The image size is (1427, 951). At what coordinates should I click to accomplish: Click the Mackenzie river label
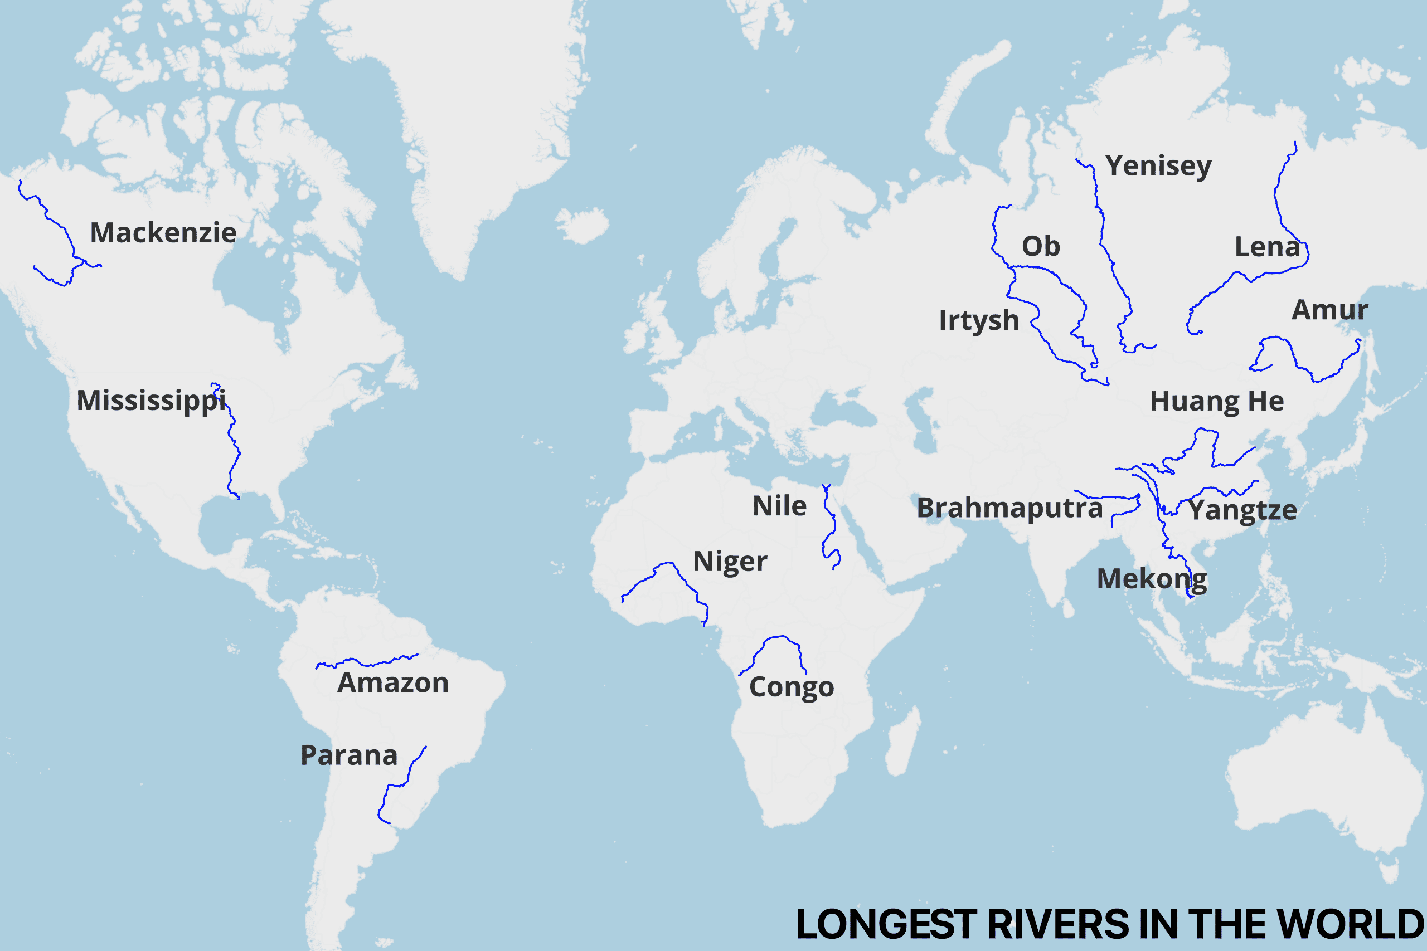pyautogui.click(x=163, y=233)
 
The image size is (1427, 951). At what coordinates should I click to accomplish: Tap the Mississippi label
pyautogui.click(x=151, y=401)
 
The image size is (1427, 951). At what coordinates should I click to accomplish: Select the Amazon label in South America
pyautogui.click(x=393, y=683)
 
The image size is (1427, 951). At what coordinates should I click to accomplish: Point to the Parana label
pyautogui.click(x=349, y=755)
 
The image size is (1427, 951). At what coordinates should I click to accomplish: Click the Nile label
pyautogui.click(x=779, y=506)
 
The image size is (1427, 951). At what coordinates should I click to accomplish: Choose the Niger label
pyautogui.click(x=730, y=562)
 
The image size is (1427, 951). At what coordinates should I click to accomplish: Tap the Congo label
pyautogui.click(x=791, y=686)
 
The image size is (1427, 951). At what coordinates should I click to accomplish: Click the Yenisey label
pyautogui.click(x=1158, y=165)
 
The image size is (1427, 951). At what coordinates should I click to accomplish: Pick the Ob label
pyautogui.click(x=1041, y=246)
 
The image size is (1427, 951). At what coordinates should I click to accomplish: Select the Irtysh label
pyautogui.click(x=979, y=320)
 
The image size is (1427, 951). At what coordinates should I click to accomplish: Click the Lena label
pyautogui.click(x=1268, y=247)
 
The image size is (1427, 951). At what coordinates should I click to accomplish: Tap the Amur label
pyautogui.click(x=1329, y=310)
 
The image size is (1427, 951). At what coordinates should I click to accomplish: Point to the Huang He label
pyautogui.click(x=1216, y=401)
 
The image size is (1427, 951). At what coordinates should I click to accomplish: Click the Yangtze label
pyautogui.click(x=1242, y=509)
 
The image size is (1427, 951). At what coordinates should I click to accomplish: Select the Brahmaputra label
pyautogui.click(x=1009, y=508)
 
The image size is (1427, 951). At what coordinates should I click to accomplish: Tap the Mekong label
pyautogui.click(x=1152, y=579)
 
